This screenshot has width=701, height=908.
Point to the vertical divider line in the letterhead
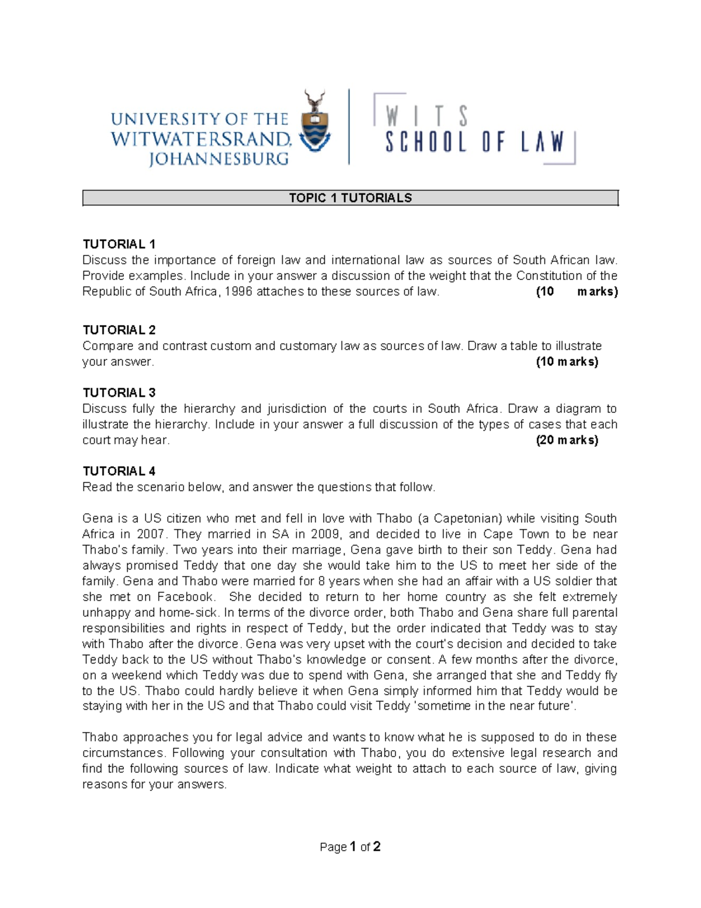coord(349,127)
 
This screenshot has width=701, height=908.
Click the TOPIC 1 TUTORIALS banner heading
coord(350,198)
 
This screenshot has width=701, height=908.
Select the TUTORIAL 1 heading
coord(119,244)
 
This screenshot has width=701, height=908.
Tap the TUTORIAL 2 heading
coord(119,330)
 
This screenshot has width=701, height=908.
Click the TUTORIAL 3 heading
coord(119,392)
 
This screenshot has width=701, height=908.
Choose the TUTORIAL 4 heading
coord(119,471)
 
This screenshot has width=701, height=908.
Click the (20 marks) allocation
coord(567,440)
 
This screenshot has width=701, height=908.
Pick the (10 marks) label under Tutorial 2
coord(567,361)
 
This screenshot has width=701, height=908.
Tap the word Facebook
coord(186,596)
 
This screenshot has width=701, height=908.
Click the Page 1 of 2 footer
coord(350,847)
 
